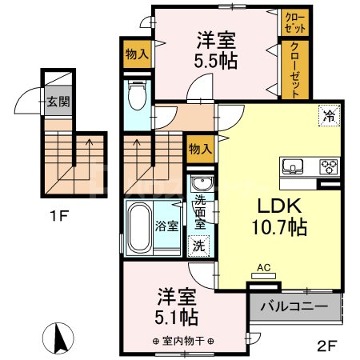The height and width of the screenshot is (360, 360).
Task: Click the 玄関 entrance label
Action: (56, 102)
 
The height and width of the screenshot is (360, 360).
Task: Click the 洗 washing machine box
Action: (197, 246)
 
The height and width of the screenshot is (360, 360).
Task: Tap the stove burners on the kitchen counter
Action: (328, 167)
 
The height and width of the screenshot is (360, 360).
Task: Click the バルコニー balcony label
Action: (295, 306)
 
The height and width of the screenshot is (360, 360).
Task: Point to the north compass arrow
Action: (58, 337)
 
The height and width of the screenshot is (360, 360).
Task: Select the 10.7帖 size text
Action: (279, 226)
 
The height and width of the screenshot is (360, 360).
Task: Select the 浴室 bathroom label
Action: (166, 224)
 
